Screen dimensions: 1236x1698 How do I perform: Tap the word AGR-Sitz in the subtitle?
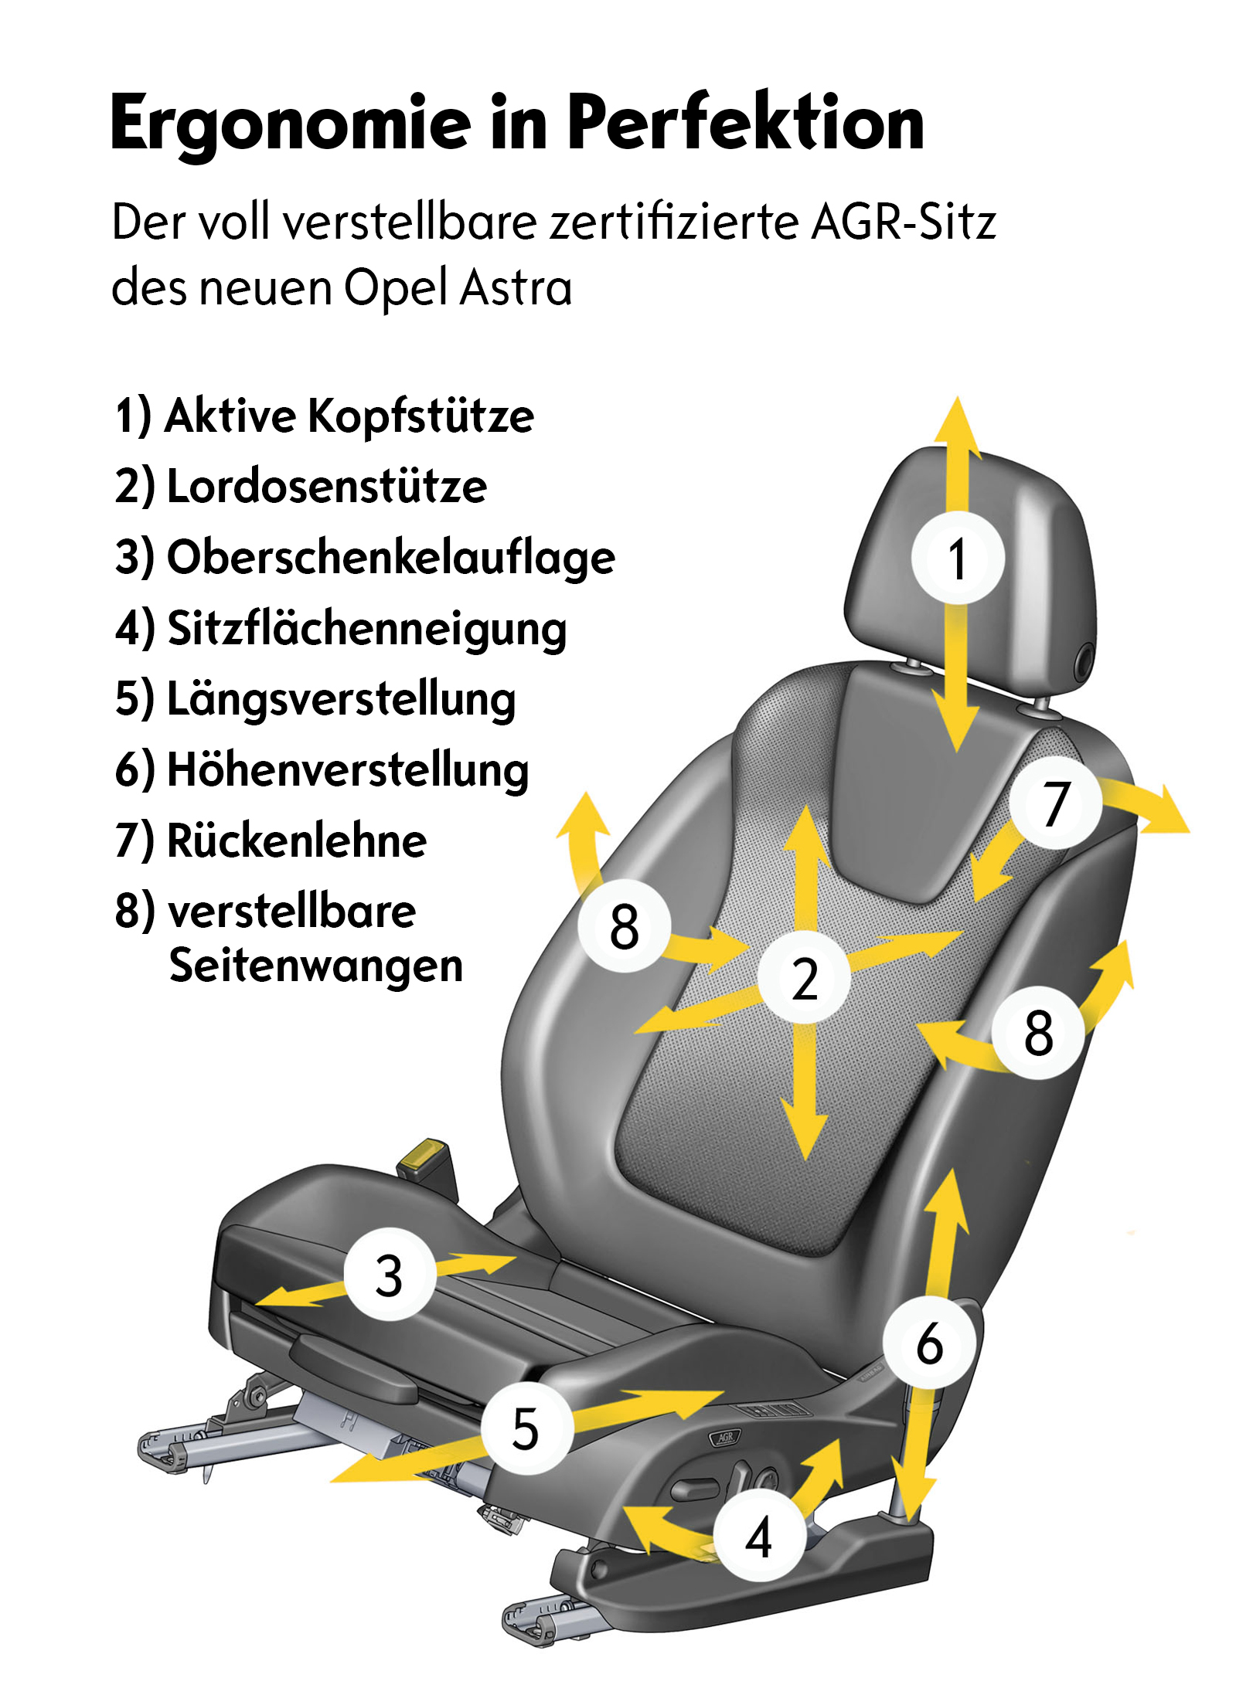904,222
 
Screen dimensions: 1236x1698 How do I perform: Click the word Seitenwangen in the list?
316,966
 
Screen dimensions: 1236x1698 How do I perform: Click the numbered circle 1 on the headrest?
958,559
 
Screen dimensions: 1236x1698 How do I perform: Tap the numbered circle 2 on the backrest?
804,978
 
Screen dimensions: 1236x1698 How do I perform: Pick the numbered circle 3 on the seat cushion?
389,1275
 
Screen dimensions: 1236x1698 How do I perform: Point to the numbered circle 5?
526,1428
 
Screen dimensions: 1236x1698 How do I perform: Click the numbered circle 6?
930,1343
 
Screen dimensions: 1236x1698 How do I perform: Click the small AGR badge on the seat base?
725,1438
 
